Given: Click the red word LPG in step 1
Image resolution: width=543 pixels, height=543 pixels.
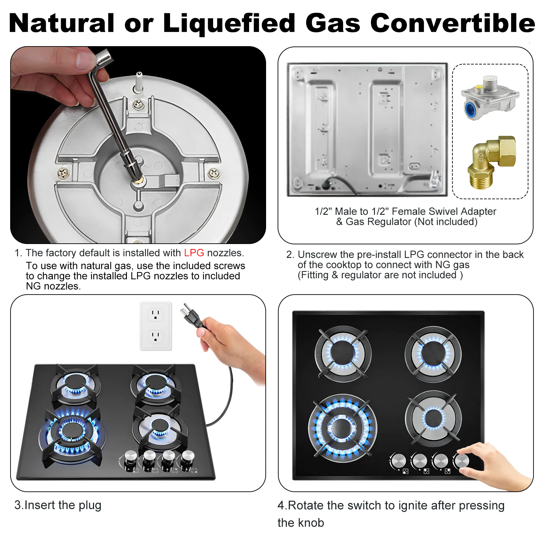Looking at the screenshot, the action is (194, 253).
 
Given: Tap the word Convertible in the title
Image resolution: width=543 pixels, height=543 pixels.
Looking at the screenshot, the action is (452, 23).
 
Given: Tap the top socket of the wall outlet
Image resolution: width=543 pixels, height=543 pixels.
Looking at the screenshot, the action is (155, 315).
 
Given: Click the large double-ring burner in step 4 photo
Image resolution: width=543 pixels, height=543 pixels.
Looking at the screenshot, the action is (342, 428).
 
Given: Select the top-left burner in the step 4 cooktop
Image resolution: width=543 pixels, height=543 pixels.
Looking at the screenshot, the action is (343, 353).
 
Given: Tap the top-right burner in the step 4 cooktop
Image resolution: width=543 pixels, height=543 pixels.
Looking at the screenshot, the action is (433, 354).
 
